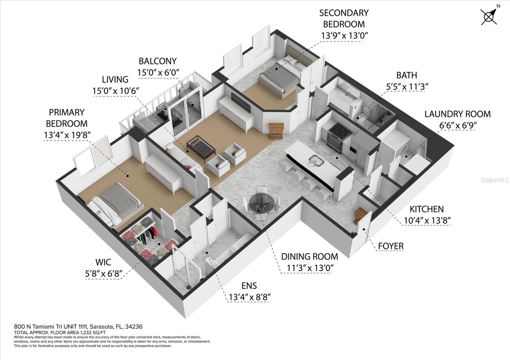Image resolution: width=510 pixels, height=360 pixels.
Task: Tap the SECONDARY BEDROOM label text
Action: pos(344,18)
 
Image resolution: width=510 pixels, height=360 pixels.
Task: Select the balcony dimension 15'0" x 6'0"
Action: pos(158,72)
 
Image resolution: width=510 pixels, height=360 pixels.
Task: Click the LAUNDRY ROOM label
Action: pos(458,114)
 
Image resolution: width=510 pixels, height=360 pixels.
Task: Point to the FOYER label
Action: pos(391,246)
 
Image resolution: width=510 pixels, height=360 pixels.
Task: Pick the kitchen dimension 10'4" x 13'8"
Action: pos(427,220)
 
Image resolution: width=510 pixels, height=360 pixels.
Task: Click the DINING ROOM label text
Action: pos(310,257)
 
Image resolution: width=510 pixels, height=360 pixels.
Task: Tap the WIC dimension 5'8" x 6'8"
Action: pos(104,273)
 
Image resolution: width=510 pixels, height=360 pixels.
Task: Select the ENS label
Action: pos(249,285)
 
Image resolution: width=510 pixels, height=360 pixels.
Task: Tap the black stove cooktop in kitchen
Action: pos(340,131)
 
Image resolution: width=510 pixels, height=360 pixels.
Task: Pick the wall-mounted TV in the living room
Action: pos(241,103)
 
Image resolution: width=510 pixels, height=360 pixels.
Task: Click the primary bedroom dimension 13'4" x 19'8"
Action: pos(67,135)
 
